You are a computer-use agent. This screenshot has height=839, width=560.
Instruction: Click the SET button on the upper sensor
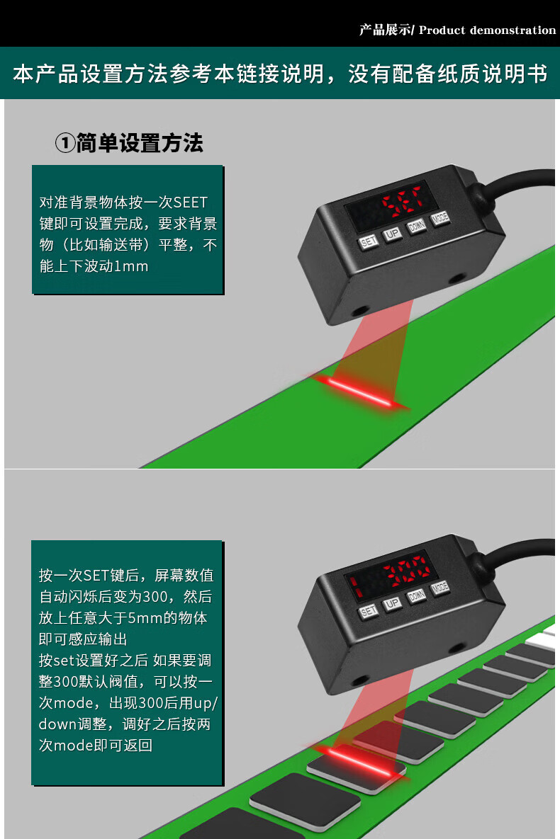tap(369, 242)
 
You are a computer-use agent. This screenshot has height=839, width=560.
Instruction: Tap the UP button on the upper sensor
tap(392, 234)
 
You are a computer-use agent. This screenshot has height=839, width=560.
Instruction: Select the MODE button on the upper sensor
tap(440, 218)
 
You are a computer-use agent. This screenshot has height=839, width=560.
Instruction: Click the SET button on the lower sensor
tap(368, 612)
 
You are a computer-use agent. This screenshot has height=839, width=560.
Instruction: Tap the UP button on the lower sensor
tap(392, 603)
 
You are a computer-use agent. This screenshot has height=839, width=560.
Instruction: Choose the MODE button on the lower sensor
tap(439, 588)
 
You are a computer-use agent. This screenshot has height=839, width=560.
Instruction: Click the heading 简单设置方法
tap(140, 143)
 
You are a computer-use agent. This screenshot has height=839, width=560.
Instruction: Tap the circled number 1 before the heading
tap(65, 144)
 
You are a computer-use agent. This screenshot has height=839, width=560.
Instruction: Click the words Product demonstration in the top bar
tap(488, 30)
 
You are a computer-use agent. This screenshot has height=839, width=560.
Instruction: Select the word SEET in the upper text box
tap(190, 202)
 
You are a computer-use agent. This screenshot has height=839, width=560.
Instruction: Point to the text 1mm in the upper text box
tap(131, 266)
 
